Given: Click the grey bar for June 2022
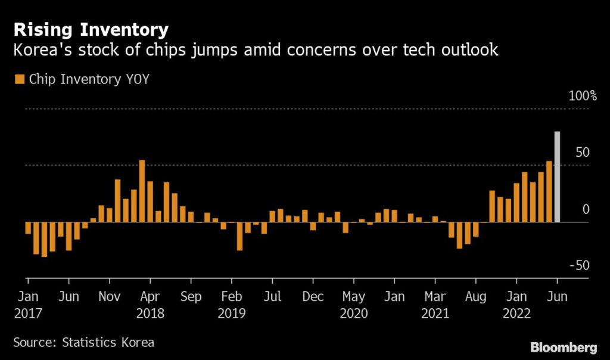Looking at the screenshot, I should coord(557,176).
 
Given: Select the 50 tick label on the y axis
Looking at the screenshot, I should coord(582,152).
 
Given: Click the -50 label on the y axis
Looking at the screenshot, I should coord(577,266).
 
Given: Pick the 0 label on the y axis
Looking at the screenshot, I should coord(586,209).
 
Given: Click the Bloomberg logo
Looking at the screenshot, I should coord(563,347).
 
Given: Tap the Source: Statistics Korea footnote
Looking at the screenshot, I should coord(83,342).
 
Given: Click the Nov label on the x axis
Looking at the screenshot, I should coord(110,297).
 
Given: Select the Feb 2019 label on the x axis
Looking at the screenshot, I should coord(231,304).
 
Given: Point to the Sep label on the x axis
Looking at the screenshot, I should coord(192,297).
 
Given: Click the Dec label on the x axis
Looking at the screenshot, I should coord(313,297).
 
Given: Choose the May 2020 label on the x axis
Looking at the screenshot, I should coord(354,304).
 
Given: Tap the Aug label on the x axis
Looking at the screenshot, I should coord(476,297).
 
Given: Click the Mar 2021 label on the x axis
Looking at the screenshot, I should coord(435,304).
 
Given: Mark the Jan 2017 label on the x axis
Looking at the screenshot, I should coord(28,304).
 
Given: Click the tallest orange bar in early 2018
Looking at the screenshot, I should coord(142,191).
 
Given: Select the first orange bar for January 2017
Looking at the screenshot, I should coord(28,228).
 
